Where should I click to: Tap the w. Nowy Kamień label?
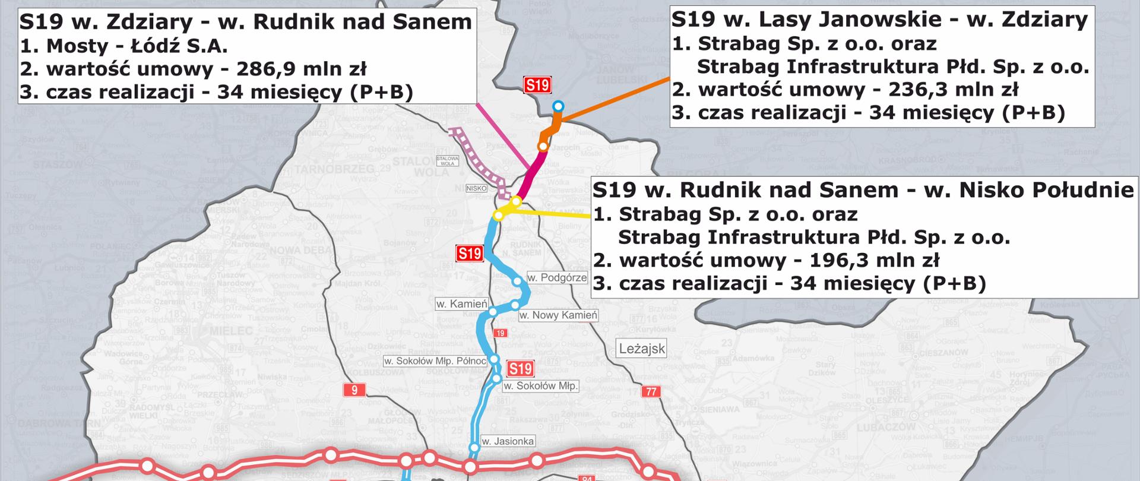tap(558, 315)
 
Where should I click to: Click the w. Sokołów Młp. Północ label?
tap(435, 360)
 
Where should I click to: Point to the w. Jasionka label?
tap(507, 441)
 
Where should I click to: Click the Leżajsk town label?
tap(642, 349)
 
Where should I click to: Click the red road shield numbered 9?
tap(354, 390)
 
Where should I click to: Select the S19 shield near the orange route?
tap(537, 85)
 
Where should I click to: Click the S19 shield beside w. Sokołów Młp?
tap(520, 369)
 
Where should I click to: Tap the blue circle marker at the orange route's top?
tap(558, 106)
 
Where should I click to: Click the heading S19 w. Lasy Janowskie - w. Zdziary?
tap(879, 20)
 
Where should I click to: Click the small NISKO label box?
tap(477, 188)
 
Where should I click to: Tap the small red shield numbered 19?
tap(501, 333)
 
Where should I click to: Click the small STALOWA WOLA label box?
tap(447, 160)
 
